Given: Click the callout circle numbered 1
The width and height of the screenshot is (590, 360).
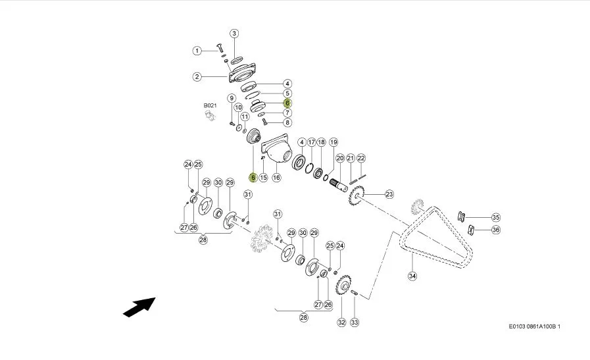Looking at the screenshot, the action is tap(197, 51).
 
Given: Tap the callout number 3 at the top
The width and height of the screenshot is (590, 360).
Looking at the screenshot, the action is tap(234, 34).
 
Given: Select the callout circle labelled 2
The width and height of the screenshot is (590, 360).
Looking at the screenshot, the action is tap(197, 77).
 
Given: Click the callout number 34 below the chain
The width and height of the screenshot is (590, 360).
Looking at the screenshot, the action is tap(412, 276).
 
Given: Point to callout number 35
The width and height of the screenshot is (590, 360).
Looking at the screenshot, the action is tap(496, 217).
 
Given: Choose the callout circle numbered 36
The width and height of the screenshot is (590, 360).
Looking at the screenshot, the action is tap(496, 230).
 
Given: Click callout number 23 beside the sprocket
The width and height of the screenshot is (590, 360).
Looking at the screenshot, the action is tap(389, 194).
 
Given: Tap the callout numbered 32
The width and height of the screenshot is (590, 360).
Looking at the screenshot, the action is tap(341, 322).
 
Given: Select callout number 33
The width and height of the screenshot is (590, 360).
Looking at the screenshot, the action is tap(355, 322).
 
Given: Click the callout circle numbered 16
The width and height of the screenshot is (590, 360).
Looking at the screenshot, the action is tap(276, 177).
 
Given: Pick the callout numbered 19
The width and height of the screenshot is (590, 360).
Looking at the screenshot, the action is tap(333, 142).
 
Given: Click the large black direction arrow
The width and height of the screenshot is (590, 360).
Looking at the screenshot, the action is tap(139, 307).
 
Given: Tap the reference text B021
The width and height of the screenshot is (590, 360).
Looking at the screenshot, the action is tap(210, 105).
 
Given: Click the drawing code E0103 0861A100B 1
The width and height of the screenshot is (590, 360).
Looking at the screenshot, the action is tap(534, 326).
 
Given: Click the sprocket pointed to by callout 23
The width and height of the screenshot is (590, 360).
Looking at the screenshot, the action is tap(356, 195).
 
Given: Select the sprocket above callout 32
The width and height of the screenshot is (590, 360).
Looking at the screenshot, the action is tap(343, 285).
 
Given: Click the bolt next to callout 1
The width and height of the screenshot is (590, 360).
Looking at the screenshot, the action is tap(219, 47).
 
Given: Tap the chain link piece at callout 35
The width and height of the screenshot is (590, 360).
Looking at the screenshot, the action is tap(461, 217).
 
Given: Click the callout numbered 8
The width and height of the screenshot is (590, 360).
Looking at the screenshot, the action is tap(287, 122).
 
